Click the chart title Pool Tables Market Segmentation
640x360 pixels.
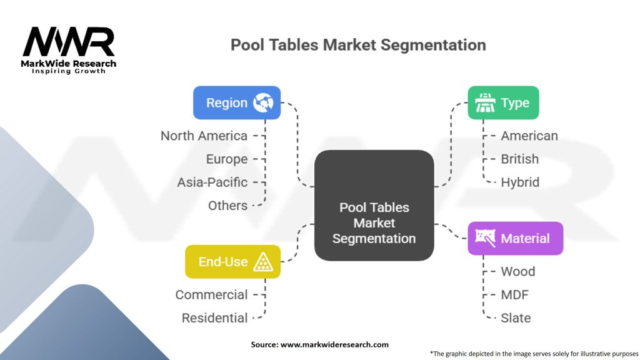358,45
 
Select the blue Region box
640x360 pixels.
236,102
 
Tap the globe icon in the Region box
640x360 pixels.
262,103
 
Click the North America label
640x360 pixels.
204,136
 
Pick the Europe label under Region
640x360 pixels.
227,159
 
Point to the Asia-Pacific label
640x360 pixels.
212,182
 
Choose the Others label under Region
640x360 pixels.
227,205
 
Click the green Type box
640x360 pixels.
503,102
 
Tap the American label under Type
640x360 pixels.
529,136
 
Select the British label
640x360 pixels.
519,159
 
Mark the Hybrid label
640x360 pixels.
519,182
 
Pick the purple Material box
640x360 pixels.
515,238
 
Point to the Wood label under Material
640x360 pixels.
517,271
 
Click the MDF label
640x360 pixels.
515,294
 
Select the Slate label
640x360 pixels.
516,317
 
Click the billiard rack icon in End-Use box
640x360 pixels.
262,262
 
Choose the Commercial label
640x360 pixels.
211,294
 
